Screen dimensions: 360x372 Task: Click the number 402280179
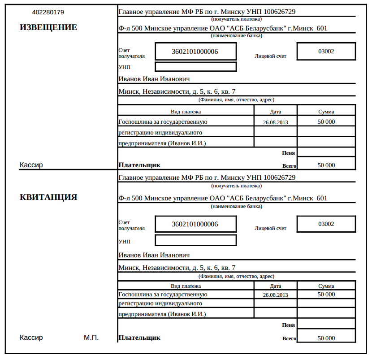[x=48, y=12]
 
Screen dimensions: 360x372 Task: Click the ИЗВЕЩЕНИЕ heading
[x=48, y=27]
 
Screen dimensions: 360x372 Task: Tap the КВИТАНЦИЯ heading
[x=48, y=197]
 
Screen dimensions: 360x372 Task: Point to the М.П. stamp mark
[x=91, y=338]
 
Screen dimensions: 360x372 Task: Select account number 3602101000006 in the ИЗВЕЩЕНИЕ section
[x=195, y=52]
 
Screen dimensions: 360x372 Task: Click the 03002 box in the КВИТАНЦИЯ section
[x=326, y=224]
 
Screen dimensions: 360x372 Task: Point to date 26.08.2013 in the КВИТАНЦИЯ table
[x=276, y=295]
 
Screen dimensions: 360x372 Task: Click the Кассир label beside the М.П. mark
[x=31, y=338]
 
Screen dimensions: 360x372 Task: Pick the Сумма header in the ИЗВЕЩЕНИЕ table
[x=326, y=112]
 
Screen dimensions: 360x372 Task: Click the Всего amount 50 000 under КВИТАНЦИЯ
[x=326, y=338]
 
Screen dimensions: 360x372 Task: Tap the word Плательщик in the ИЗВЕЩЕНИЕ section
[x=139, y=165]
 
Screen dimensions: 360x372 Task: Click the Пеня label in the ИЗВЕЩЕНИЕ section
[x=288, y=153]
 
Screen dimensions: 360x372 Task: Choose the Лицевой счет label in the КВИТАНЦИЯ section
[x=270, y=228]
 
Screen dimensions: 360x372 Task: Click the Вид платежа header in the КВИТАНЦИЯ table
[x=186, y=286]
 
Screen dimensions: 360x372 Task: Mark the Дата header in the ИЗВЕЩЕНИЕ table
[x=276, y=112]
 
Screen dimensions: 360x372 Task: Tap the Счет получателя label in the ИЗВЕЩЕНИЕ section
[x=132, y=54]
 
